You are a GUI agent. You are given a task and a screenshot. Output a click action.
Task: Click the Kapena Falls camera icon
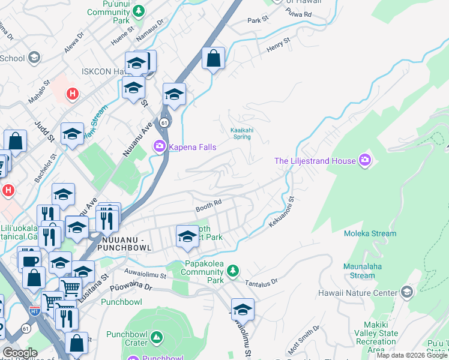pyautogui.click(x=160, y=146)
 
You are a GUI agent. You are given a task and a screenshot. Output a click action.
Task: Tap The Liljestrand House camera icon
pyautogui.click(x=365, y=160)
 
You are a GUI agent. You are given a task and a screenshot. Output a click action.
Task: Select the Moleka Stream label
pyautogui.click(x=370, y=233)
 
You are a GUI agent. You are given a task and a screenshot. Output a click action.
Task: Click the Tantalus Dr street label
pyautogui.click(x=262, y=281)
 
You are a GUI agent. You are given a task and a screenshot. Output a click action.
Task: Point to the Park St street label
pyautogui.click(x=258, y=20)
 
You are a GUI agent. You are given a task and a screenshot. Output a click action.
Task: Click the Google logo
pyautogui.click(x=20, y=353)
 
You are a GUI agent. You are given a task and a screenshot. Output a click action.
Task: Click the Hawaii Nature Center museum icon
pyautogui.click(x=407, y=292)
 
